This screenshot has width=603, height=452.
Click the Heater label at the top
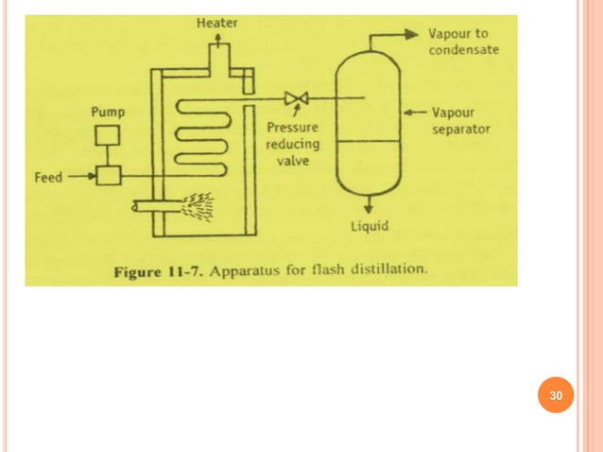tap(216, 22)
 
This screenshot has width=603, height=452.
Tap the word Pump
tap(107, 112)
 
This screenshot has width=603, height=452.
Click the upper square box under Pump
tap(108, 134)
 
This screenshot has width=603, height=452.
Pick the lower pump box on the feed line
tap(108, 175)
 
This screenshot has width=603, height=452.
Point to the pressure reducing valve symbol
tap(293, 97)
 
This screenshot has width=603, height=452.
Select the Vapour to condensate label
tap(463, 41)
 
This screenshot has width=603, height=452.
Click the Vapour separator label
tap(460, 120)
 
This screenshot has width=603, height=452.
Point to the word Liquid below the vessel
tap(370, 226)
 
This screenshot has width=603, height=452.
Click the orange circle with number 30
tap(557, 396)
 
